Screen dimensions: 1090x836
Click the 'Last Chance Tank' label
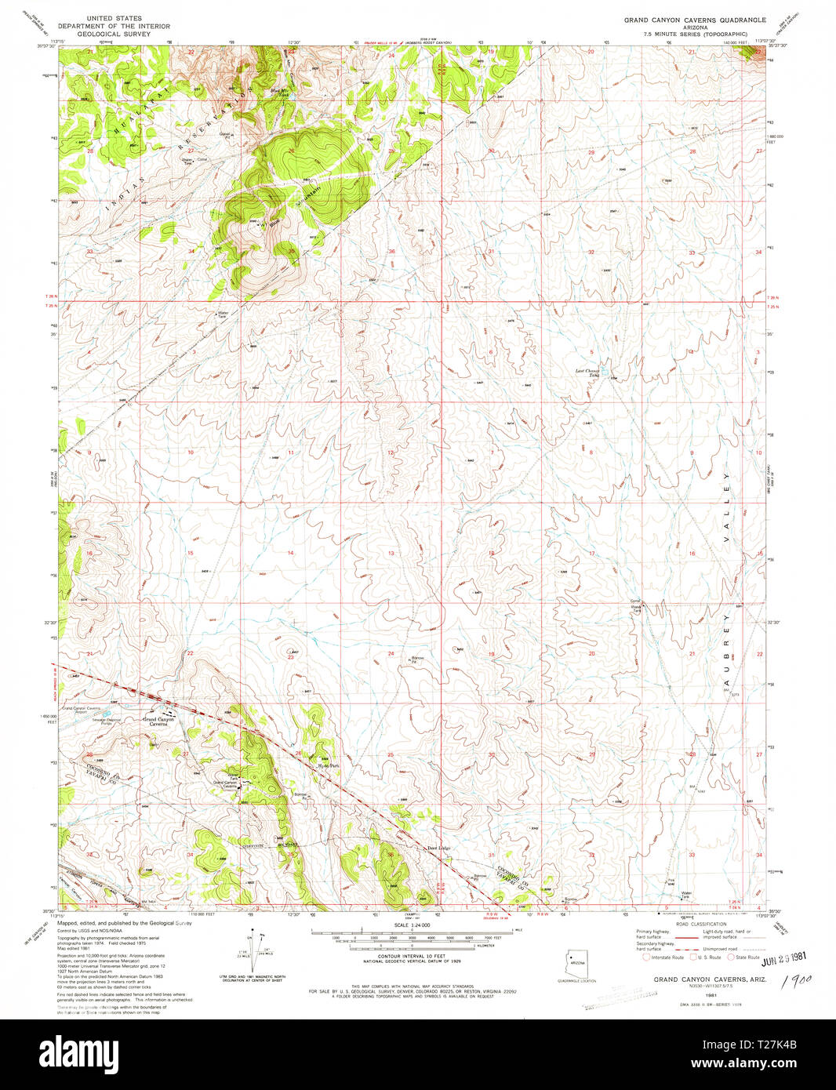(588, 372)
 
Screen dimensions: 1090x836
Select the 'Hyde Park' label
(327, 765)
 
